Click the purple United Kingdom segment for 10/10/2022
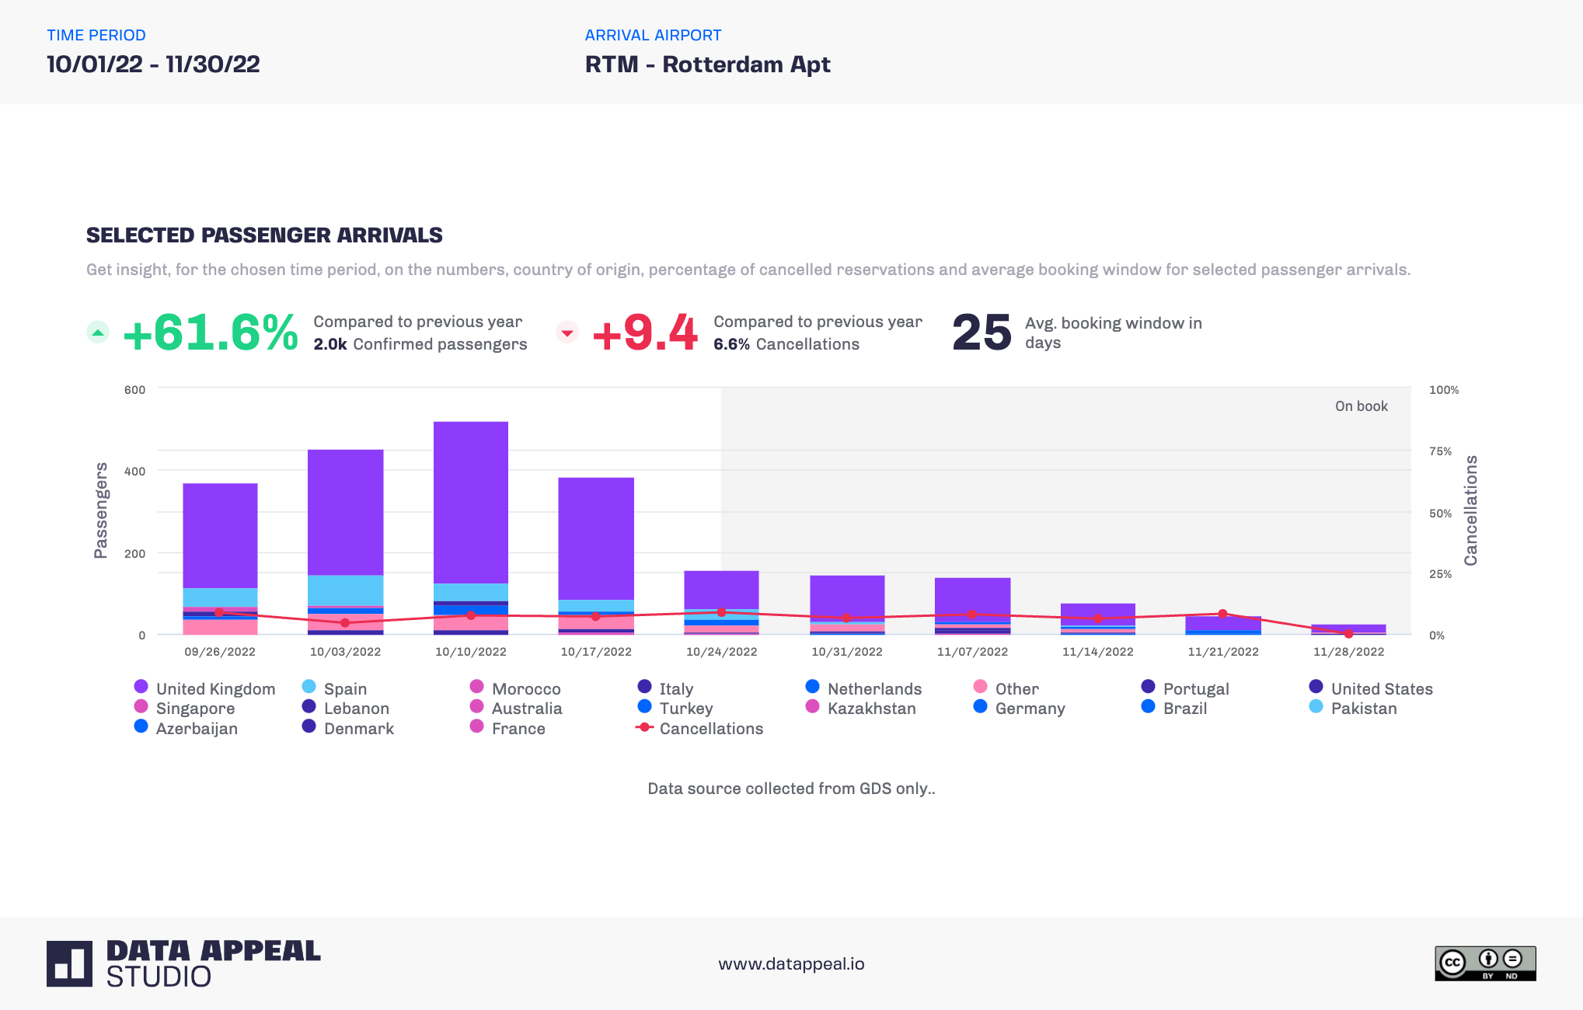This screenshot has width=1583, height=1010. (470, 501)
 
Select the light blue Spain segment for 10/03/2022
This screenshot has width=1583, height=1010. (345, 590)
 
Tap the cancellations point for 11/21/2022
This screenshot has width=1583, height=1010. (1222, 614)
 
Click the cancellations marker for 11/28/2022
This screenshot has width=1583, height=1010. (1348, 634)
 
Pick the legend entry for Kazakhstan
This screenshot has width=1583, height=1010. (870, 709)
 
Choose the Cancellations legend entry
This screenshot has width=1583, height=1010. (710, 729)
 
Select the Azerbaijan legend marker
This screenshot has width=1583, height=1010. (141, 726)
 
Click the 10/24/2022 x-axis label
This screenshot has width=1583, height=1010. (721, 652)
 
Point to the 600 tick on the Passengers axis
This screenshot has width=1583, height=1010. (134, 390)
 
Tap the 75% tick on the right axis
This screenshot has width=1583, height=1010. (1440, 451)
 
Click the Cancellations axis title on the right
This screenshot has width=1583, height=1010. (1470, 510)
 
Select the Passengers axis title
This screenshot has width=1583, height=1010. (100, 510)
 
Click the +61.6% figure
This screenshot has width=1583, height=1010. (210, 333)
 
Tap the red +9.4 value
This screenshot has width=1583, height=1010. (644, 333)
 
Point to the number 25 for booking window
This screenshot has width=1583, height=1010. (982, 333)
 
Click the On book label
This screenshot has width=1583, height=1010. (1361, 406)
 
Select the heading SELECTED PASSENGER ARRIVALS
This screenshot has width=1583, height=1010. (264, 235)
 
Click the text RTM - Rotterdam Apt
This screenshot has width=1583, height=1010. (707, 64)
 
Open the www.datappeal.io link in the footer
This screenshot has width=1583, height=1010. (791, 964)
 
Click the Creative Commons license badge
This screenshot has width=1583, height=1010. (1484, 963)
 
